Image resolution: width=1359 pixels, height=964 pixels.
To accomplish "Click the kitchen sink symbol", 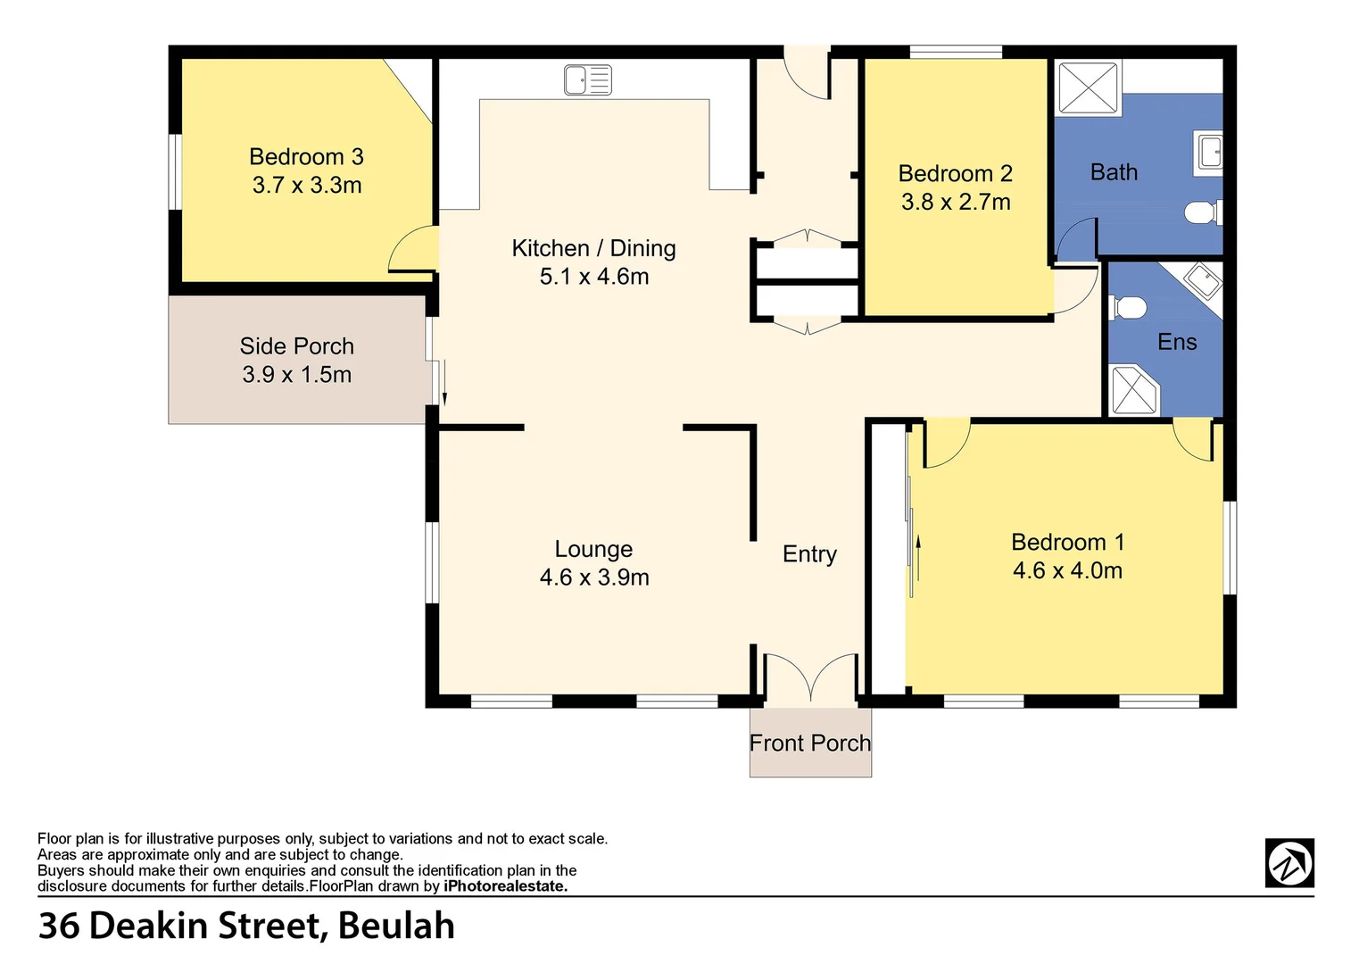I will (587, 80).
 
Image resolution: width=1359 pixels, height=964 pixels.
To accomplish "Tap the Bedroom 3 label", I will (306, 157).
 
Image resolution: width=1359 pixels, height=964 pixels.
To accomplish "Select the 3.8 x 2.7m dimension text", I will (956, 202).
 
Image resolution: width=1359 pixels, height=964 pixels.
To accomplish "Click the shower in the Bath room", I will (1088, 87).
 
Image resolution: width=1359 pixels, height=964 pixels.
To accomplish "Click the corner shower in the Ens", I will (1134, 390).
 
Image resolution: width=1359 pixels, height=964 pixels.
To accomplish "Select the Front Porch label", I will (809, 743).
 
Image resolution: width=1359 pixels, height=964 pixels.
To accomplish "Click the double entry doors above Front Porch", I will (810, 677).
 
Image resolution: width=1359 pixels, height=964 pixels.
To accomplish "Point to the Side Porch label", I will (296, 346).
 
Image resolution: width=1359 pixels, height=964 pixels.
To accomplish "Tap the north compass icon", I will (1289, 863).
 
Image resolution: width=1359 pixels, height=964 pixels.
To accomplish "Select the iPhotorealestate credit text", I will (505, 886).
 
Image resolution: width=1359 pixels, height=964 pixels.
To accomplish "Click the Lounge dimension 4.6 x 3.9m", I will (594, 578).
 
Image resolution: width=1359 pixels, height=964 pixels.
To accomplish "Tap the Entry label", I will (809, 554).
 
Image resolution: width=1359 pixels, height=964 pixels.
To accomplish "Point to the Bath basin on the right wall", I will (1210, 153).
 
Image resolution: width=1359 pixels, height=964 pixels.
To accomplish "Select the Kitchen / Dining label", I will (593, 248).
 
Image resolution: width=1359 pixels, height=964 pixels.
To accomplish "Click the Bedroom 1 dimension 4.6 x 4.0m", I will (1067, 570).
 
